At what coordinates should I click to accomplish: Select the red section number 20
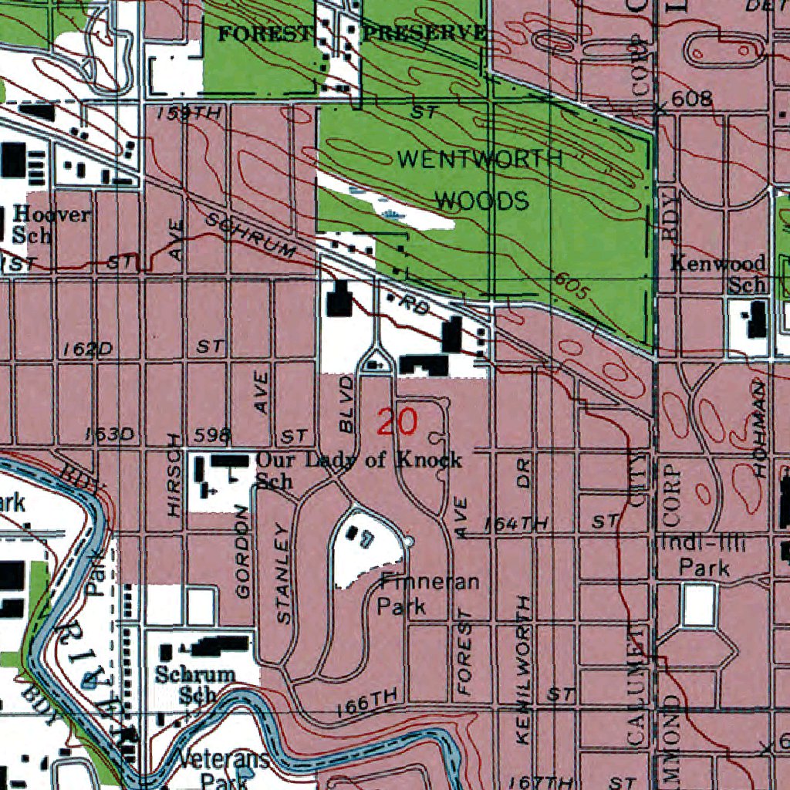[397, 422]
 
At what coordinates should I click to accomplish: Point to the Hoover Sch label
[49, 224]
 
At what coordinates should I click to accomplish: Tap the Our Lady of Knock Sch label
[358, 468]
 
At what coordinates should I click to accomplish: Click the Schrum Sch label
[194, 683]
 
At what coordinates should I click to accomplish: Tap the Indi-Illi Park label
[703, 556]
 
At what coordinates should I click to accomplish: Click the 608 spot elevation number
[691, 99]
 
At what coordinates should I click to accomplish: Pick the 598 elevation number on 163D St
[214, 436]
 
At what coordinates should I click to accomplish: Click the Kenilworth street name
[524, 669]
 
